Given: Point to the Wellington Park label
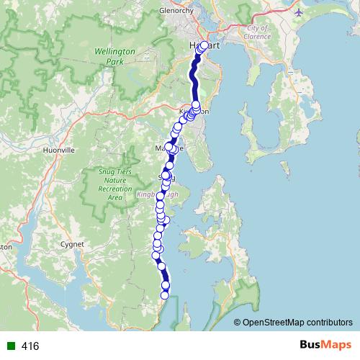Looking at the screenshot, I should click(110, 56).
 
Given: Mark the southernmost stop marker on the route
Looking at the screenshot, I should click(164, 294).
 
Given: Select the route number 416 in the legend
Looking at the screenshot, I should click(30, 346).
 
